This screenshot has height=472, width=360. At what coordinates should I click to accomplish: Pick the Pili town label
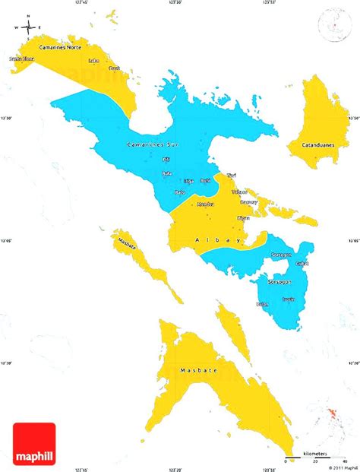tap(166, 160)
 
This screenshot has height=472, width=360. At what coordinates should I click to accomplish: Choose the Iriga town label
tap(188, 181)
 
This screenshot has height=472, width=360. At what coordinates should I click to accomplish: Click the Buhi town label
tap(205, 180)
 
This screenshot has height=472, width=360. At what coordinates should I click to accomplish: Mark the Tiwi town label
tap(231, 176)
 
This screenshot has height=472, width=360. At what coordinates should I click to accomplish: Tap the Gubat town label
tap(302, 263)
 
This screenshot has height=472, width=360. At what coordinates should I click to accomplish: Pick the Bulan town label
tap(263, 303)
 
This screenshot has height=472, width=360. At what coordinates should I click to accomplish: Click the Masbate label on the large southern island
tap(198, 370)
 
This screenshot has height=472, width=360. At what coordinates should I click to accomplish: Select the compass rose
tap(29, 28)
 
